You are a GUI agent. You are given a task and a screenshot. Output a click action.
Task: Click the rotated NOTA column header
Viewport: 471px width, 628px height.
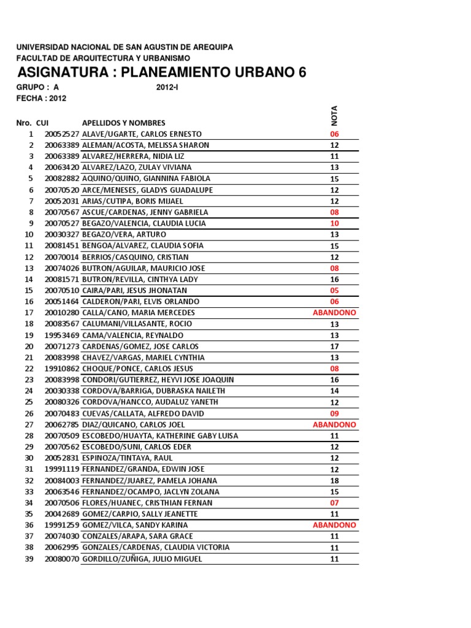335,115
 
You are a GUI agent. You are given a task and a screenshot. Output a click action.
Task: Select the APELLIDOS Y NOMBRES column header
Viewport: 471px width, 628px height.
123,123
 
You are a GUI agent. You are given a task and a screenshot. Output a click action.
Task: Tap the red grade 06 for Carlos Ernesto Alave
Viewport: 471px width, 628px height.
334,134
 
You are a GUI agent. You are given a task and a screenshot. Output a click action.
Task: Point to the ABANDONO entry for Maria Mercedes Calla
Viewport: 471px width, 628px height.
334,313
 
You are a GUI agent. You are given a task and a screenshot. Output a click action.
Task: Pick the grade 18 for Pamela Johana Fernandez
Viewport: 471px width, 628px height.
334,481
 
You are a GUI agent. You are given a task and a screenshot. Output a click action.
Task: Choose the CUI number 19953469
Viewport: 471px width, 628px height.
62,335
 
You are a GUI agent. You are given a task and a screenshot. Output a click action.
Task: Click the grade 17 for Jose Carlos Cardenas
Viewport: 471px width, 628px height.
334,347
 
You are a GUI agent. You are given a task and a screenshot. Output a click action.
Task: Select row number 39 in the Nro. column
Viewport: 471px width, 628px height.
29,559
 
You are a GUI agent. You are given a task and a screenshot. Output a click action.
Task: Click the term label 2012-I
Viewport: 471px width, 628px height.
168,88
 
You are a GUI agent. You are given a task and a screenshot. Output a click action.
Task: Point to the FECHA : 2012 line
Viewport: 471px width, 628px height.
41,98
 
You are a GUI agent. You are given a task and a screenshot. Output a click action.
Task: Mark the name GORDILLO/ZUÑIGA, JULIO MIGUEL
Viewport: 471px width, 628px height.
142,559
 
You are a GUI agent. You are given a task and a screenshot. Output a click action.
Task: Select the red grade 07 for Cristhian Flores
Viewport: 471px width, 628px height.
334,503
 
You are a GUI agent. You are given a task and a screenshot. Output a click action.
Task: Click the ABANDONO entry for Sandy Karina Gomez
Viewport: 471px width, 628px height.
334,526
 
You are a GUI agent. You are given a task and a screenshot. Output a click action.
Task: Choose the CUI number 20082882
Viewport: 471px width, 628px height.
62,179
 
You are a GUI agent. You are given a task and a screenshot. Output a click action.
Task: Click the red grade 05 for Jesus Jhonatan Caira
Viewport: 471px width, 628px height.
334,291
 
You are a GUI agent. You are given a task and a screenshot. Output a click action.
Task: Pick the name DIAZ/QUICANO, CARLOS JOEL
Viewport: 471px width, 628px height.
133,425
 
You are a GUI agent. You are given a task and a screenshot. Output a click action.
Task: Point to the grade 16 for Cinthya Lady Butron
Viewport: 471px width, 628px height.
334,280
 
